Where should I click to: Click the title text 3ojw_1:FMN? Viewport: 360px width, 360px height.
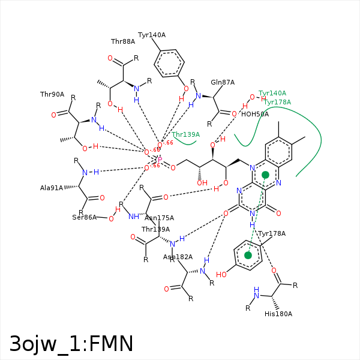(71, 343)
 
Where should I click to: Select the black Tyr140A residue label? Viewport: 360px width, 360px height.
(152, 35)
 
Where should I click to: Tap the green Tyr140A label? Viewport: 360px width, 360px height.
(272, 94)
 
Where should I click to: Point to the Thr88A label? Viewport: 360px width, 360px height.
(123, 42)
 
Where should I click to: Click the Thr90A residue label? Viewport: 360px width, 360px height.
(52, 95)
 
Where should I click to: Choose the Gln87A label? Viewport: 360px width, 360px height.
(223, 83)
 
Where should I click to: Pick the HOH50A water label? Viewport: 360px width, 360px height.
(255, 114)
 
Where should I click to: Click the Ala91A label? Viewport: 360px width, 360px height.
(52, 188)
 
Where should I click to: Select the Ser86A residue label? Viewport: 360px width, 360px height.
(85, 217)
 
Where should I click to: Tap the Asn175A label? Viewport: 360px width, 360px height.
(159, 218)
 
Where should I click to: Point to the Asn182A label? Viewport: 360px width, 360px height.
(178, 257)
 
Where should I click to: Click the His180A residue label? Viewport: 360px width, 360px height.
(278, 314)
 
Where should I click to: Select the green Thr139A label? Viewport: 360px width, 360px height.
(186, 135)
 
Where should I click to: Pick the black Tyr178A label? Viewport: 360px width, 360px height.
(272, 233)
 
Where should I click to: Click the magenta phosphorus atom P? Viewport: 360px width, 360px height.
(160, 160)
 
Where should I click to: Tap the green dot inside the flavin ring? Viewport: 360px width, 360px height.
(265, 175)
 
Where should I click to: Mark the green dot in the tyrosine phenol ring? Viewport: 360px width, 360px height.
(248, 256)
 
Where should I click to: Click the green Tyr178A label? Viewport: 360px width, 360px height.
(277, 102)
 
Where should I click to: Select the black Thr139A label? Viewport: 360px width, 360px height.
(155, 229)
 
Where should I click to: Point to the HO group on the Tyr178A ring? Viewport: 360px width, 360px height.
(221, 275)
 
